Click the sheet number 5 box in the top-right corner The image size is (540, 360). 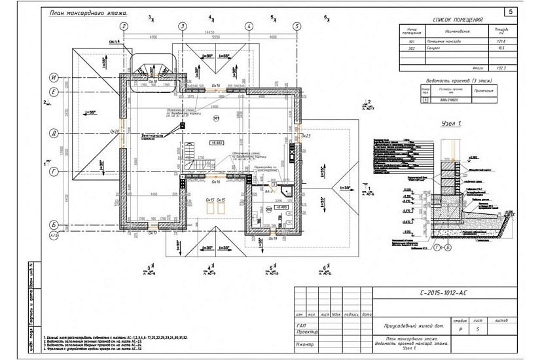(511, 11)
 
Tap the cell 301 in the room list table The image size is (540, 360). (412, 41)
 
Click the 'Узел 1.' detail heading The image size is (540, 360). (452, 123)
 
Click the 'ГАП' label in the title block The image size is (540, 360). (302, 325)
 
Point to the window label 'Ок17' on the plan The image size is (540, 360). (152, 232)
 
